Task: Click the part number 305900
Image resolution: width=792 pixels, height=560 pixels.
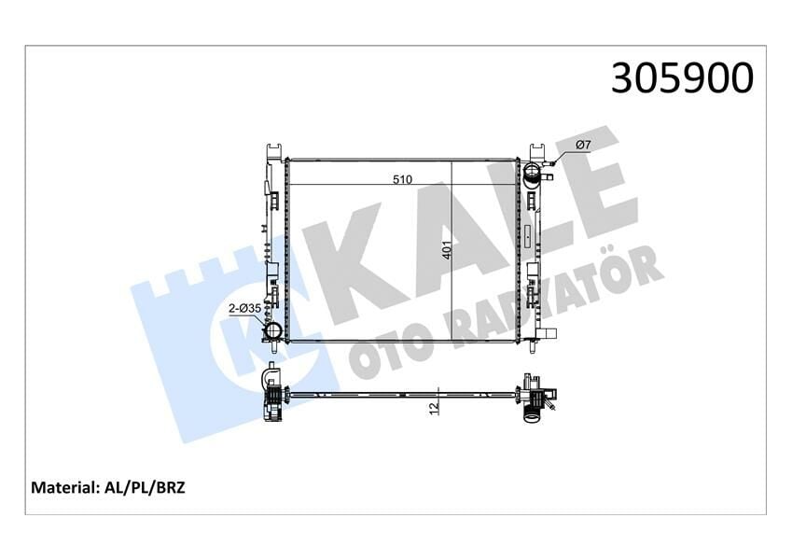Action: point(681,78)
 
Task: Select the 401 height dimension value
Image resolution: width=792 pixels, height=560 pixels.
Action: point(447,251)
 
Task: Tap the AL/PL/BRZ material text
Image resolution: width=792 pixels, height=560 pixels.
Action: point(144,487)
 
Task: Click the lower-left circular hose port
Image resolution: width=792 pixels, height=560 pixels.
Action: point(274,331)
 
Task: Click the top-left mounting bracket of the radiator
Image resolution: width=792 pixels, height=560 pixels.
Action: point(273,151)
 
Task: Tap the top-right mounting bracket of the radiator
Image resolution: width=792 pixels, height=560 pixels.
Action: point(538,151)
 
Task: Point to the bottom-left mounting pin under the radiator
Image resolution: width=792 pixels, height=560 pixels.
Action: point(273,349)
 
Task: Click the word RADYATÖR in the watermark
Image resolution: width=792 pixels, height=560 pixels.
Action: point(560,289)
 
